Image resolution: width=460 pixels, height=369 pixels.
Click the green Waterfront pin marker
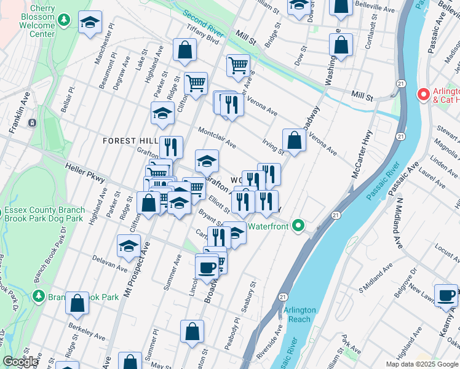(x=298, y=226)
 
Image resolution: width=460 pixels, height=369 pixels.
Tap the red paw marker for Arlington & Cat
(x=423, y=95)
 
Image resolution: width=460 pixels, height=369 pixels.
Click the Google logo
(x=20, y=362)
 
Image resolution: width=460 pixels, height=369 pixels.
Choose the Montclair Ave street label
(x=217, y=138)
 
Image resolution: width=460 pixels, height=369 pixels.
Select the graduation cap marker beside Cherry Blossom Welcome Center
(x=90, y=23)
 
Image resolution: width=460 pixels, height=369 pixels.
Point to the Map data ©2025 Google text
(x=421, y=363)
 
